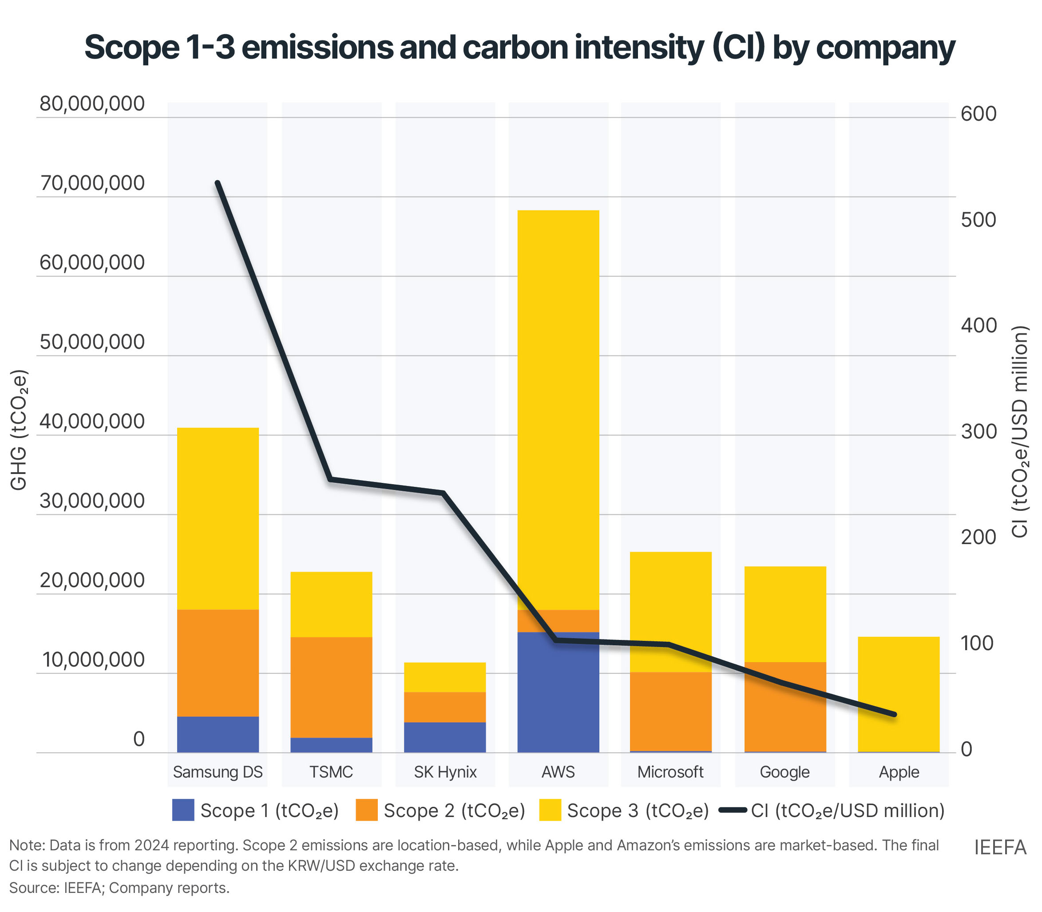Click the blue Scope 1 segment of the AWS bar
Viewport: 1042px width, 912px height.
coord(558,692)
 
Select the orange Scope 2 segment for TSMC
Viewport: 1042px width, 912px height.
coord(331,687)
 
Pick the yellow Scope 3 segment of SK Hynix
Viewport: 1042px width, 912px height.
coord(445,677)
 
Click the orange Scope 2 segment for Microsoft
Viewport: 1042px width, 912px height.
coord(670,711)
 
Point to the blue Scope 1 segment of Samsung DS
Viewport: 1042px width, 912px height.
coord(218,734)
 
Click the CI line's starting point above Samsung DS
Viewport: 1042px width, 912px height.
coord(218,183)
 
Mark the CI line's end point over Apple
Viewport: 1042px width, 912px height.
coord(894,715)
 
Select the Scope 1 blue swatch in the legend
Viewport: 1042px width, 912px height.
coord(183,810)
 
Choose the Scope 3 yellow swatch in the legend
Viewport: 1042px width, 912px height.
coord(550,810)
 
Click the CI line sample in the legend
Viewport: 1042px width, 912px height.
coord(733,810)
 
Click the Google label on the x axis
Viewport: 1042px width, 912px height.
coord(784,772)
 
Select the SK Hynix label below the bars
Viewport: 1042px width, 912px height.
coord(445,772)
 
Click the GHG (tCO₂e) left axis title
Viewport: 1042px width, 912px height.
coord(19,430)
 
